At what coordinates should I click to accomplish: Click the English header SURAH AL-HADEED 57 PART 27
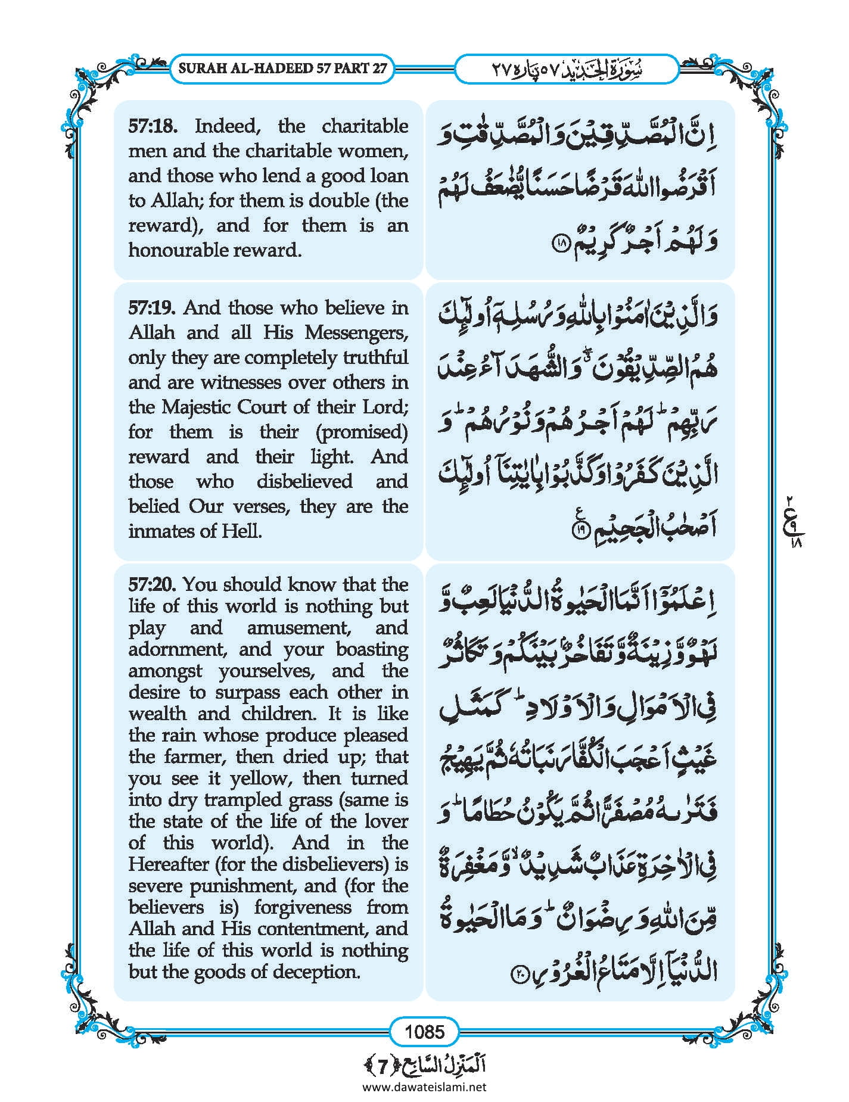pos(282,68)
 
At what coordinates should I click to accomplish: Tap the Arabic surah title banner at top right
pos(566,68)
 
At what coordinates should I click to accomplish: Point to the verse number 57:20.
pos(153,584)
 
